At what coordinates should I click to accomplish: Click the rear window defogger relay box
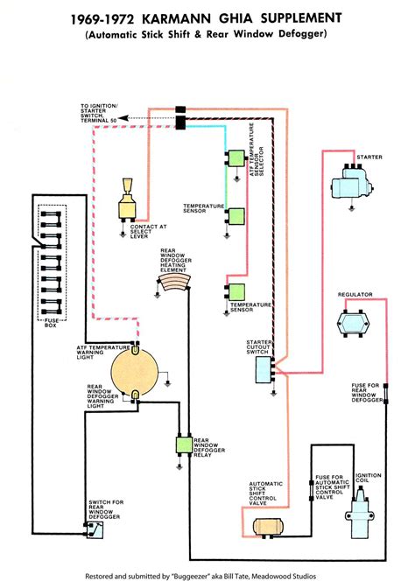pos(183,443)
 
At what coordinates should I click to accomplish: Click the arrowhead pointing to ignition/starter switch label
pos(122,116)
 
